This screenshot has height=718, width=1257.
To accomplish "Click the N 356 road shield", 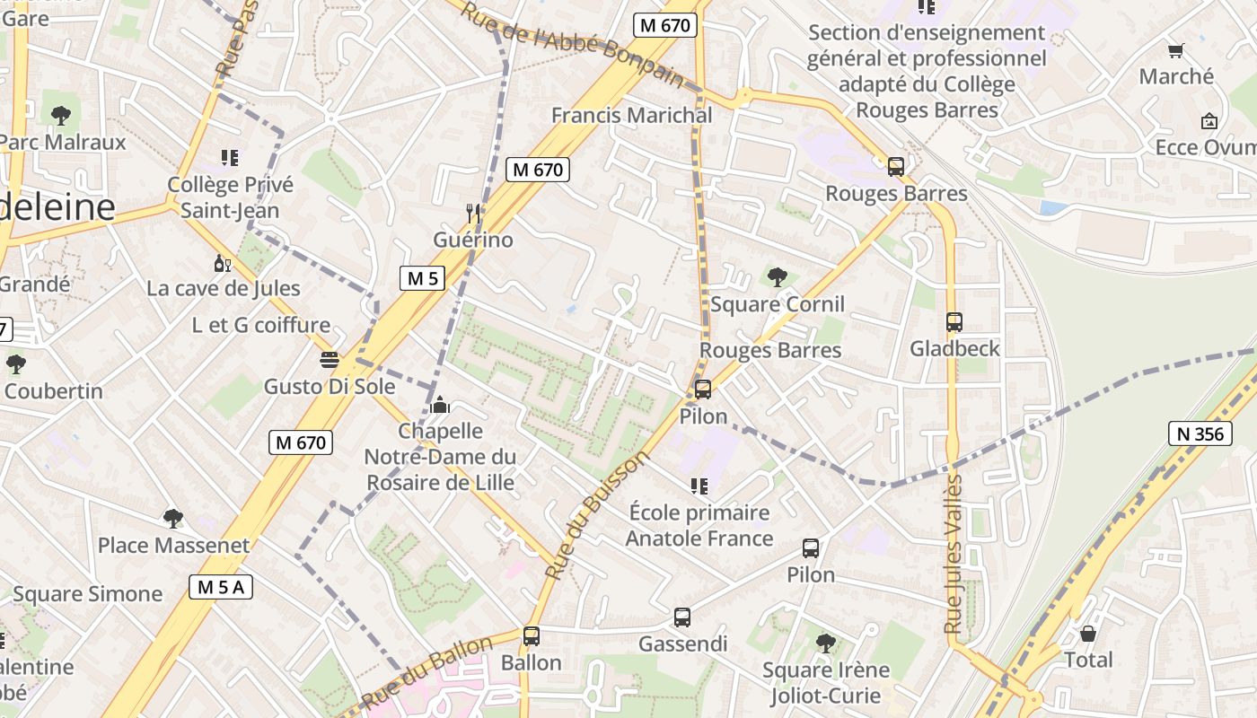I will (x=1199, y=433).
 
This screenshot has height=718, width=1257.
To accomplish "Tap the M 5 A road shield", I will (x=221, y=587).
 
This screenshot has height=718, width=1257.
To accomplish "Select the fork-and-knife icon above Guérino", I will (x=473, y=213).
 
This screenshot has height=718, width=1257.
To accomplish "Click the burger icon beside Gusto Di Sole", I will (x=330, y=360).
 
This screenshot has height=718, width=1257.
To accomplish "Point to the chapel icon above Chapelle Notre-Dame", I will (x=439, y=405).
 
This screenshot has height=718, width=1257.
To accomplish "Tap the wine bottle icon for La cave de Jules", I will (x=222, y=263).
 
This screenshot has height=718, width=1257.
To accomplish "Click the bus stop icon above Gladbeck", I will (x=954, y=321).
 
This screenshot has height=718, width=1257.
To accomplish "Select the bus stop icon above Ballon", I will (x=531, y=635).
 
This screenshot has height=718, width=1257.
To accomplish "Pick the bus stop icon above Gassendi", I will (x=681, y=617).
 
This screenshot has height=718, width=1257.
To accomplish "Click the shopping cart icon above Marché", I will (x=1174, y=50).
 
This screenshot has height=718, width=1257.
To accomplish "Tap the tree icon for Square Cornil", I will (x=777, y=276).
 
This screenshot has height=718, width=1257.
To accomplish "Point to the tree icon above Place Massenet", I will (x=173, y=518).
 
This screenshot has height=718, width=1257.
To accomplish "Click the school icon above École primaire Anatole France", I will (x=699, y=486).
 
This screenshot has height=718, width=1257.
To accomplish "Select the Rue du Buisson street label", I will (x=596, y=515).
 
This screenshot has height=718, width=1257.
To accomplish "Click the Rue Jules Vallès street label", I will (x=954, y=554).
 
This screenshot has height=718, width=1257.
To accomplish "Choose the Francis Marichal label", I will (x=631, y=115).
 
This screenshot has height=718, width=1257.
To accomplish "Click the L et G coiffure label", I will (x=261, y=325).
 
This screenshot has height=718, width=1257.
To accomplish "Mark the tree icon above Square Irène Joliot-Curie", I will (x=825, y=643).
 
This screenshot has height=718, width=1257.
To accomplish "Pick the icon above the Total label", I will (x=1087, y=634).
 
